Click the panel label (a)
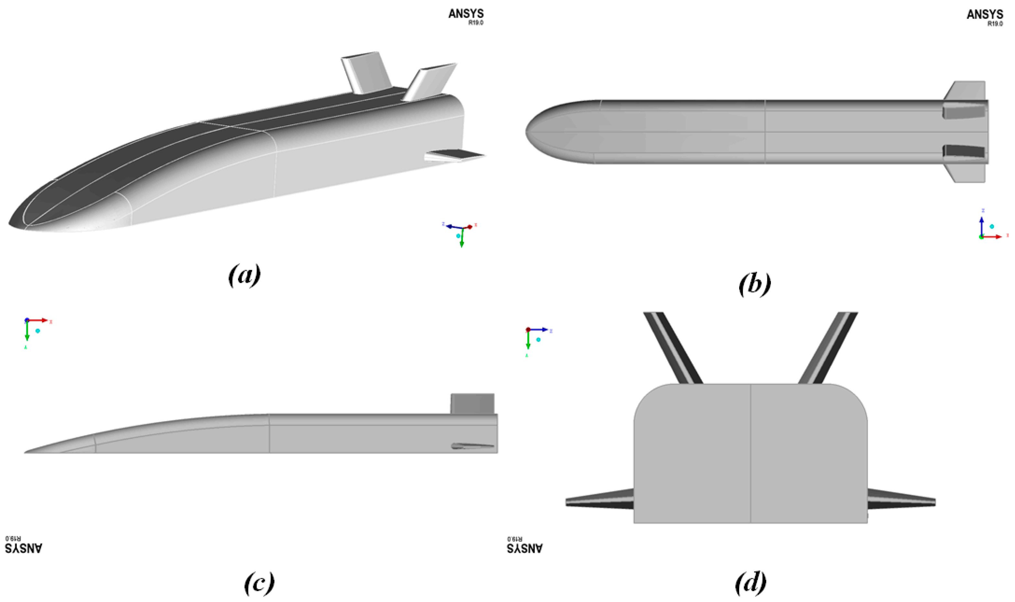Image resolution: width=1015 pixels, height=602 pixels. pos(244,275)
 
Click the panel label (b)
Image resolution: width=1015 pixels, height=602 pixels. pos(754,284)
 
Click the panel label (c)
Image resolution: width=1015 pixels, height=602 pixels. pos(259,583)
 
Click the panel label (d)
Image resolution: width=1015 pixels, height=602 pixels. pos(750,583)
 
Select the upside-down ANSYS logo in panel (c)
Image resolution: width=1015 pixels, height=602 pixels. pos(24,546)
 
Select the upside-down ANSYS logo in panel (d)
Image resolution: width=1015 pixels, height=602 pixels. pos(524,546)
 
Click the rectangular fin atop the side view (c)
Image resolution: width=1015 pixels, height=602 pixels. pos(472,404)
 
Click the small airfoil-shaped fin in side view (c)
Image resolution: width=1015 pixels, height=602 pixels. pos(472,446)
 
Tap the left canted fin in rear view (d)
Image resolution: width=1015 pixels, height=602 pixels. pos(673,348)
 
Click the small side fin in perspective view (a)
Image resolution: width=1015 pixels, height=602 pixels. pos(454,155)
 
